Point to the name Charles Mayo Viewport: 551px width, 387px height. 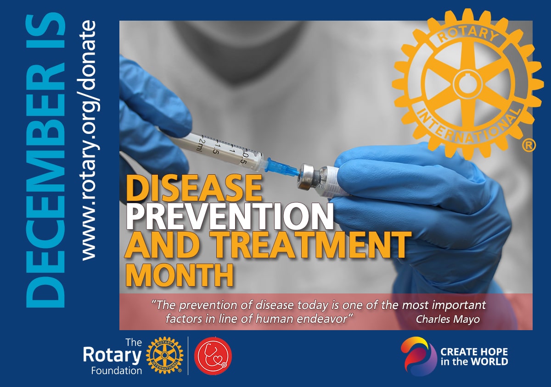click(x=448, y=320)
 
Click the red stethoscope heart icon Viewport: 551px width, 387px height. click(x=213, y=355)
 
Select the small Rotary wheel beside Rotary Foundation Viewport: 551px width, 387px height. click(x=164, y=356)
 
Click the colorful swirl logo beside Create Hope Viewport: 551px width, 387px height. click(x=415, y=356)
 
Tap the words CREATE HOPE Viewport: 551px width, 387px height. click(x=474, y=352)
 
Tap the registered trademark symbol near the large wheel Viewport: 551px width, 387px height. click(x=529, y=146)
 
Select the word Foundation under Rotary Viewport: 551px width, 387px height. click(x=117, y=370)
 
